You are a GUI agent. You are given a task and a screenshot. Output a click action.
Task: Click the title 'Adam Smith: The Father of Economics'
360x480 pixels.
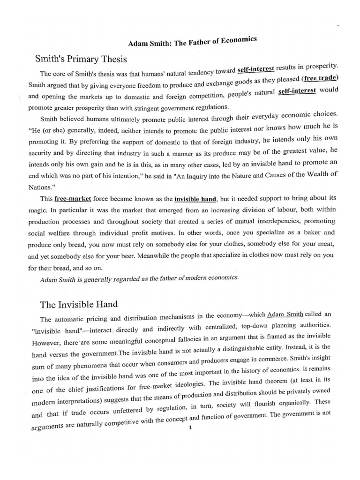(x=193, y=43)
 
